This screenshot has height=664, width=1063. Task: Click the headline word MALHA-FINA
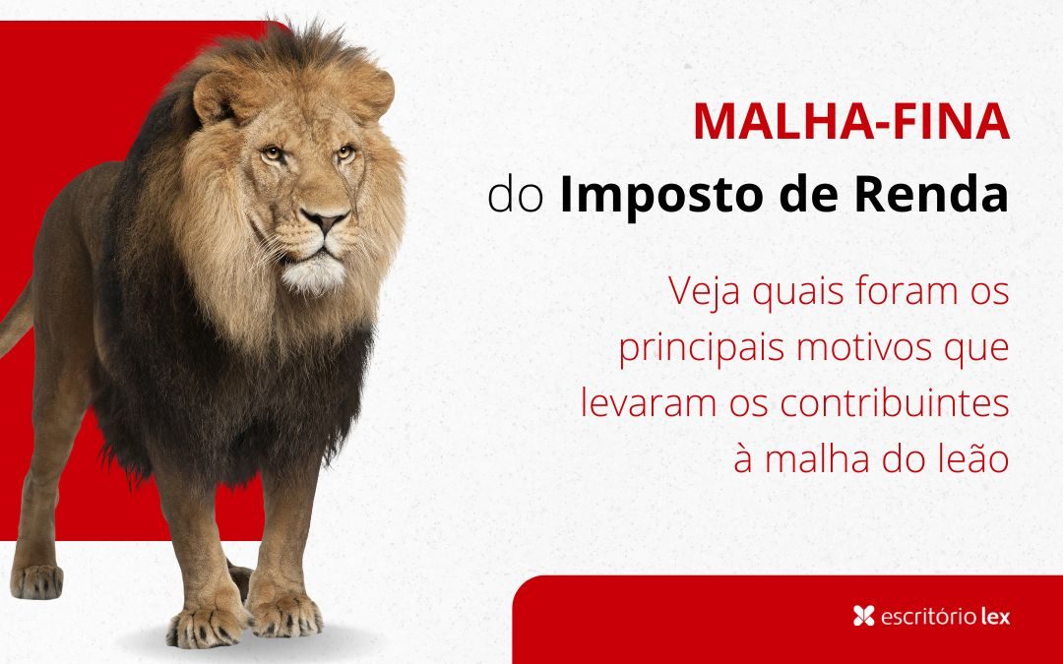click(851, 121)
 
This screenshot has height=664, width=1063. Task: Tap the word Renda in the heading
click(932, 194)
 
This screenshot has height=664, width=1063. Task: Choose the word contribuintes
click(895, 403)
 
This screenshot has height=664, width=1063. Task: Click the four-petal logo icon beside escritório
click(864, 616)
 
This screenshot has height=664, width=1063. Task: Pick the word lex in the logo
click(995, 617)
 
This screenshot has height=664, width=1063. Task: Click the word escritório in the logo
click(927, 617)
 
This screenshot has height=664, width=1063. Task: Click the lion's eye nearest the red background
click(273, 153)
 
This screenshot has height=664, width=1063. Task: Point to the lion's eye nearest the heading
click(345, 151)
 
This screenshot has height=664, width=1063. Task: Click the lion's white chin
click(314, 274)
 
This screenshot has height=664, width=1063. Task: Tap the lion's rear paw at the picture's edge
click(36, 581)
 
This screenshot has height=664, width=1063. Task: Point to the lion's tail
click(15, 320)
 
